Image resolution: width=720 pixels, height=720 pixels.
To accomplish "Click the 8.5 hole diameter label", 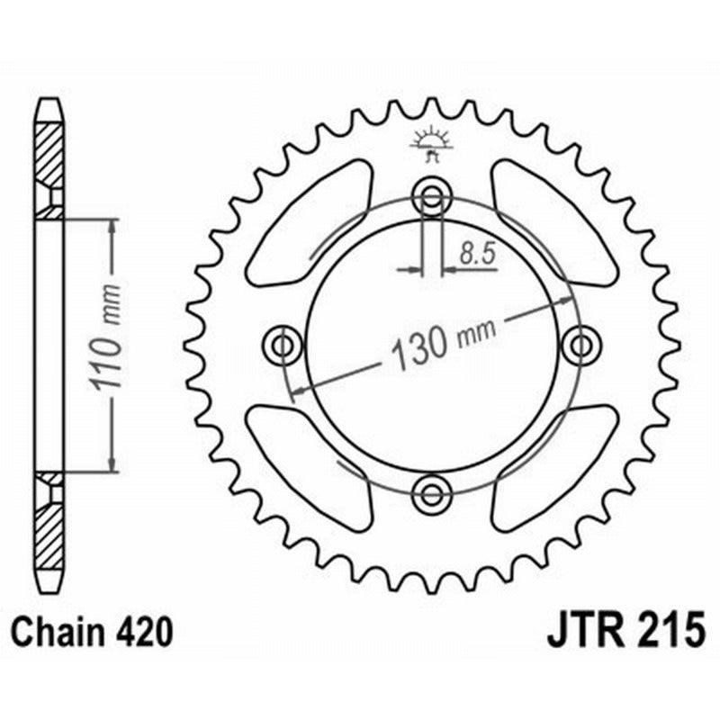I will pyautogui.click(x=477, y=255).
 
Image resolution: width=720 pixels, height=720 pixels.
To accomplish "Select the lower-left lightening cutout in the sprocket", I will pyautogui.click(x=310, y=463).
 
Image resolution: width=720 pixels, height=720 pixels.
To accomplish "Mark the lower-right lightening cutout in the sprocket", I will pyautogui.click(x=553, y=463).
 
